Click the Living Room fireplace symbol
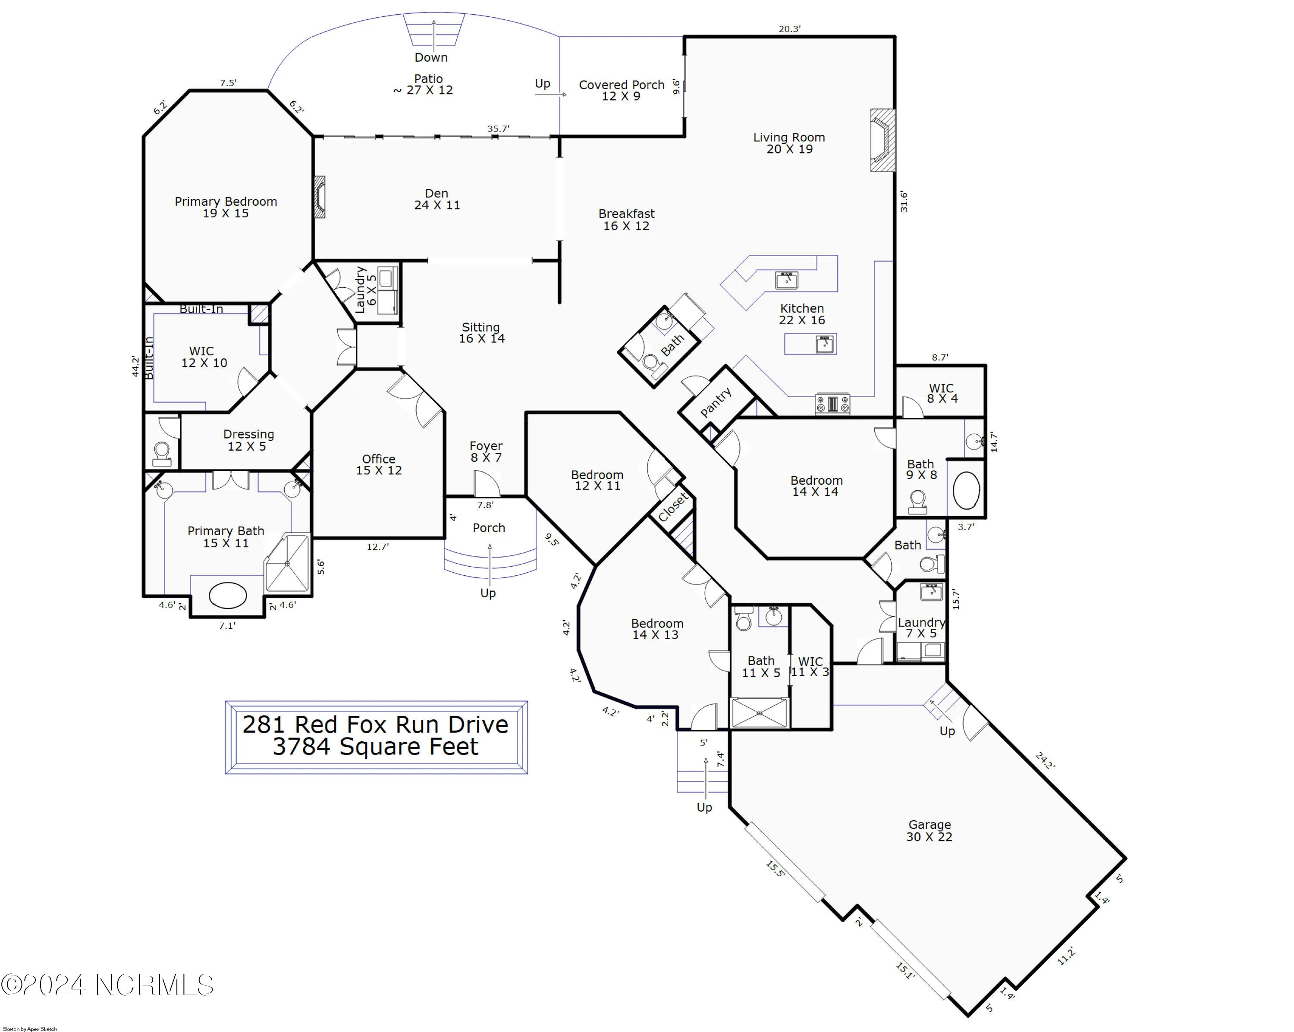click(882, 141)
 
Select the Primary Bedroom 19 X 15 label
click(226, 207)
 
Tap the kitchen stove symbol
click(832, 404)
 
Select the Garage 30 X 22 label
click(929, 831)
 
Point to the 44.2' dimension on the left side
click(135, 367)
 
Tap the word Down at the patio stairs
click(431, 58)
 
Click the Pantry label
click(716, 402)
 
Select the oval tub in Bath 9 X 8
click(966, 490)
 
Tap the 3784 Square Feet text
click(375, 747)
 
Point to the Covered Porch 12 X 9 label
click(621, 90)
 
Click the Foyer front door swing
click(486, 483)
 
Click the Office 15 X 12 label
click(379, 464)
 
